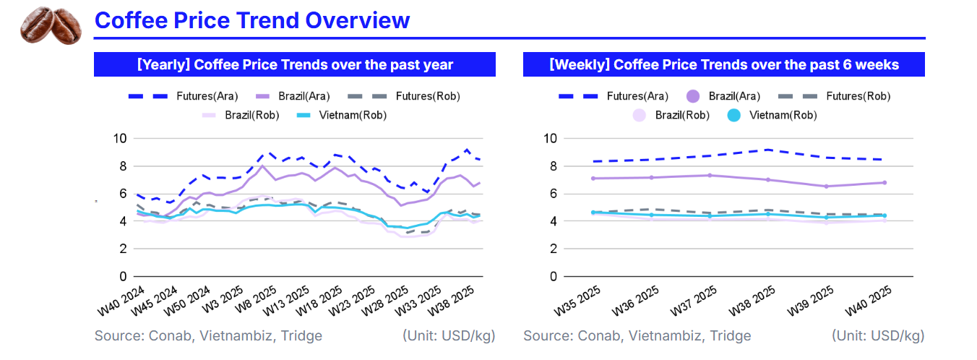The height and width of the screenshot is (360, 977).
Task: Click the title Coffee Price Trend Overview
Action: (252, 20)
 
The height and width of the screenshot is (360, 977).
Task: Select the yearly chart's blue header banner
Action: (295, 64)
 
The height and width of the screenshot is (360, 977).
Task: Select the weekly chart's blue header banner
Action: (723, 64)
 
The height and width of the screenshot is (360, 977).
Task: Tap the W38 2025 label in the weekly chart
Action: (752, 301)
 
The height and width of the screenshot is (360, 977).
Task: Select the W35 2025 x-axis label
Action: (577, 301)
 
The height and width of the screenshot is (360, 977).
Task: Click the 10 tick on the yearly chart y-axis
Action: (119, 139)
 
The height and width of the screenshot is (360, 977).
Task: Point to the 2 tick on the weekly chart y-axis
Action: (550, 249)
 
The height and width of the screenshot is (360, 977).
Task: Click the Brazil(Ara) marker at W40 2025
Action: (884, 182)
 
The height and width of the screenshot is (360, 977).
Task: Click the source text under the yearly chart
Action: (208, 335)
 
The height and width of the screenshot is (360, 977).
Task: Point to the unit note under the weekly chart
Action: (877, 335)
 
